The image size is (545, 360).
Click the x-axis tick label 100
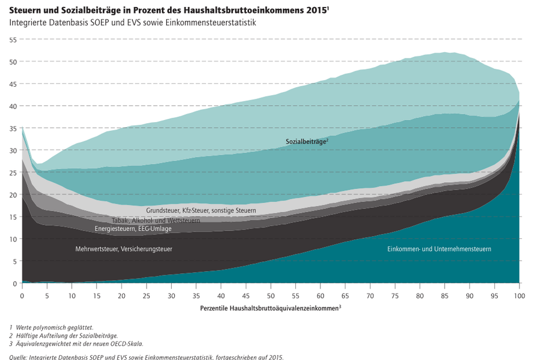click(x=519, y=296)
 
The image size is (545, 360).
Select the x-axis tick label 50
click(x=271, y=296)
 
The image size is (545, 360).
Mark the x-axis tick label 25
click(x=146, y=296)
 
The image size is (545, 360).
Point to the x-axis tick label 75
click(x=395, y=296)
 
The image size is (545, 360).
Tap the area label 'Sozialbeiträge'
click(x=306, y=141)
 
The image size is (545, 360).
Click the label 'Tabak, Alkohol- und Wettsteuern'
click(x=156, y=220)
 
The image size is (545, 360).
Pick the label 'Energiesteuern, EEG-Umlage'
click(x=133, y=229)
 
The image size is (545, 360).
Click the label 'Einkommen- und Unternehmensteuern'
click(x=439, y=249)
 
